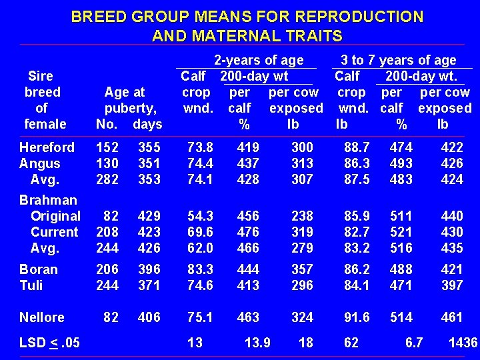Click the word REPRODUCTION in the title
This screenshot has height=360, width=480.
361,16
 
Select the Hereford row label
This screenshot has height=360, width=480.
47,147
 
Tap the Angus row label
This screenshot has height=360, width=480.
40,163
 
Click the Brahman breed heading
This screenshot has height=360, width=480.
48,200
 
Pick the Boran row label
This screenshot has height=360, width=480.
39,269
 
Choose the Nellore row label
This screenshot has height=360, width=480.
42,317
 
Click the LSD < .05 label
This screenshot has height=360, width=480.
50,343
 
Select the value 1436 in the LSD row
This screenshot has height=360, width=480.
463,343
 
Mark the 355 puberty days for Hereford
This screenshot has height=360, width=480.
149,147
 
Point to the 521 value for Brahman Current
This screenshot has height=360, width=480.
401,232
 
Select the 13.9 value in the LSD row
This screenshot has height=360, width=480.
257,343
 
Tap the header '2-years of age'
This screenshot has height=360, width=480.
258,61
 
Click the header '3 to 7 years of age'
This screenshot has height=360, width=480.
399,61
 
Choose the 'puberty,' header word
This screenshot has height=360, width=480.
131,108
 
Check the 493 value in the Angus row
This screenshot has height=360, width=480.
401,163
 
